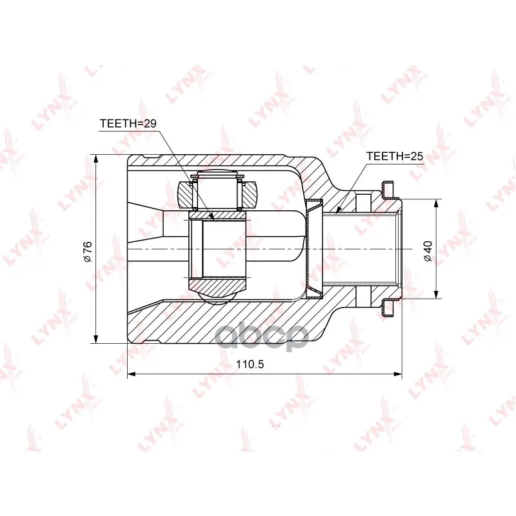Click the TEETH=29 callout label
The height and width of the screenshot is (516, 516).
[128, 123]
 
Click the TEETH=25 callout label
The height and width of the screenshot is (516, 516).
[395, 156]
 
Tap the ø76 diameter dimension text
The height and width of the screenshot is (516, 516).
[88, 252]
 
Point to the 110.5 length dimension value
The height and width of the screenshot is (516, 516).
[250, 364]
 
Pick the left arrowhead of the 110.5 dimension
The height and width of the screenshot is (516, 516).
[132, 374]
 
